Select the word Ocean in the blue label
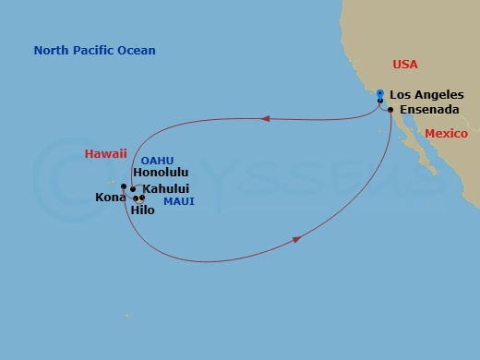coord(137,51)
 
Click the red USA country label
coord(405,65)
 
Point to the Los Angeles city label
coord(433,94)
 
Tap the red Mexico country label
coord(447,134)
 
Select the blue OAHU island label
coord(157,160)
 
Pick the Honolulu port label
coord(161,173)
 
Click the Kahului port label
coord(168,188)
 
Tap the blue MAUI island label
coord(177,200)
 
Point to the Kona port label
coord(110,198)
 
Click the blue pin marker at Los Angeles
coord(380,93)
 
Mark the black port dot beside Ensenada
coord(391,111)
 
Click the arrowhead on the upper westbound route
coord(266,118)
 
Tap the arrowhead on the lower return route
coord(297,239)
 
